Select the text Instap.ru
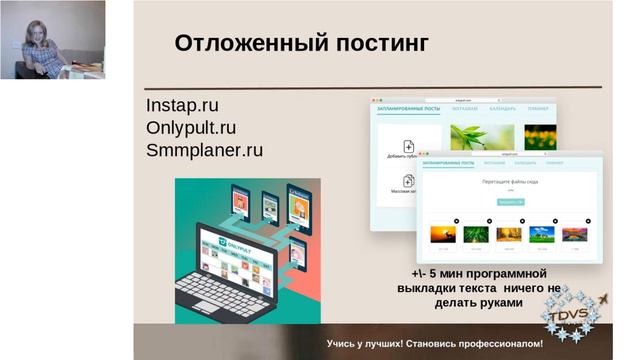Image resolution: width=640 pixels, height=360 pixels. [182, 105]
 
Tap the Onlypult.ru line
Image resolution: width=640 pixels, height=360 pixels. [191, 128]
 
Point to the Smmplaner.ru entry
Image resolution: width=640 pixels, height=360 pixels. [204, 151]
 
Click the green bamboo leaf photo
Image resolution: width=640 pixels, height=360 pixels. [481, 136]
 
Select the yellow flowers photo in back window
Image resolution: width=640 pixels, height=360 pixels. [540, 136]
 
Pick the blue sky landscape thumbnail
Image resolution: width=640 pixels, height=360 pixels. [540, 234]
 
